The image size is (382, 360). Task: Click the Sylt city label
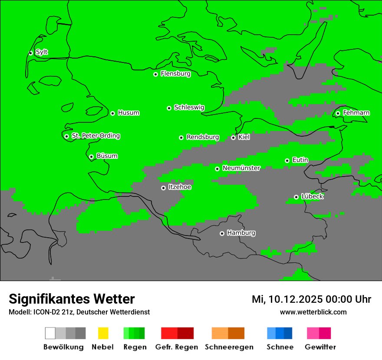(x=42, y=52)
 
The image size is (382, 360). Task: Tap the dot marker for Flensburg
(x=155, y=74)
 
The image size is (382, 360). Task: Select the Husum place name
(x=128, y=113)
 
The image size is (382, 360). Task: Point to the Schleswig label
(x=189, y=108)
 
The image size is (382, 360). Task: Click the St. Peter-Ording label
(x=95, y=136)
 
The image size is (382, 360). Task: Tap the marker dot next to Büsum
(x=91, y=157)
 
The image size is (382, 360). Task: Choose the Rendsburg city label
(x=203, y=137)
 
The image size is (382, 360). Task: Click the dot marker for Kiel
(x=233, y=137)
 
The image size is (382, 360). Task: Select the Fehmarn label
(x=356, y=113)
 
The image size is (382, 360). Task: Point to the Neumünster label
(x=241, y=168)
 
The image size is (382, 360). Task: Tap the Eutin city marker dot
(x=287, y=160)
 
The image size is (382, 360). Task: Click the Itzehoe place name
(x=180, y=187)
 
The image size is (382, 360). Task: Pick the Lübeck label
(x=312, y=197)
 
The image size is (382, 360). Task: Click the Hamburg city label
(x=241, y=233)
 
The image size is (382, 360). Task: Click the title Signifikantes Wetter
(x=72, y=299)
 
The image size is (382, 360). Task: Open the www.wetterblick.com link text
(x=313, y=312)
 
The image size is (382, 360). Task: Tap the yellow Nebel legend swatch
(x=103, y=333)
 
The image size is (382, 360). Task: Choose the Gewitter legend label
(x=320, y=347)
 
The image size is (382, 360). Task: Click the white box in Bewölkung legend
(x=50, y=333)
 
